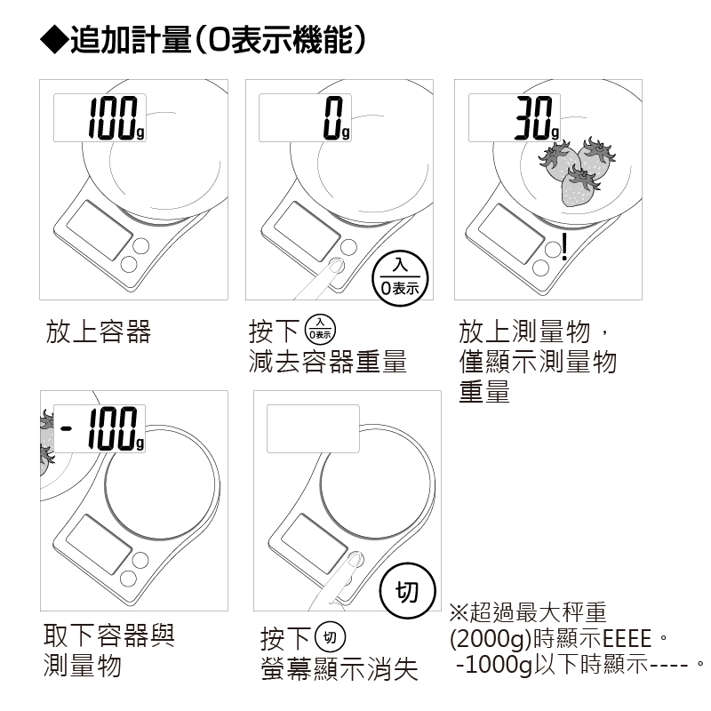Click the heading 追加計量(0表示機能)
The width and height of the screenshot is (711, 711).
[x=218, y=40]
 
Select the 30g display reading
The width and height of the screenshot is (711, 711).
[x=538, y=117]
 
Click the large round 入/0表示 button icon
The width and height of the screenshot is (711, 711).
[x=399, y=276]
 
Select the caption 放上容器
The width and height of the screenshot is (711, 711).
[x=98, y=332]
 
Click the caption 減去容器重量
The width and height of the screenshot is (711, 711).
[x=327, y=362]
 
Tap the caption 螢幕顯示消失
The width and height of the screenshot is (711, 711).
[x=339, y=668]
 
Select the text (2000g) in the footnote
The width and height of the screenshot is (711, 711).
[x=490, y=638]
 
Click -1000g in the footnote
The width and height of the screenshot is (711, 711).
[x=493, y=665]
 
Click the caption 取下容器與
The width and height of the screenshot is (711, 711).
[x=109, y=635]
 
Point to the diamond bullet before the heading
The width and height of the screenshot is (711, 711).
[x=54, y=40]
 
